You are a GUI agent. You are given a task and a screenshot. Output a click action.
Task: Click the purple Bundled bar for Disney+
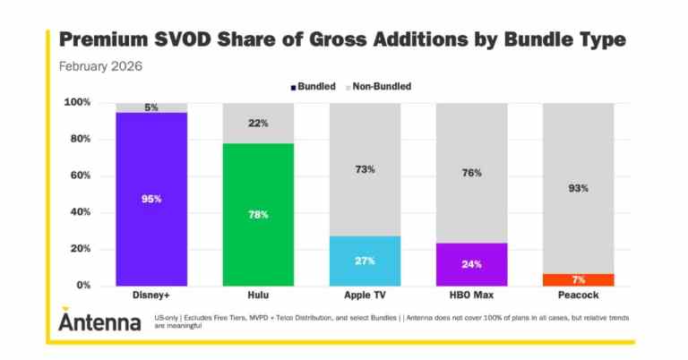tap(150, 199)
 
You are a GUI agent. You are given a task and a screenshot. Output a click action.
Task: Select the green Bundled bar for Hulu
tap(258, 214)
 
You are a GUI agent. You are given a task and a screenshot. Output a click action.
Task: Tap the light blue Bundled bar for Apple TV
tap(365, 261)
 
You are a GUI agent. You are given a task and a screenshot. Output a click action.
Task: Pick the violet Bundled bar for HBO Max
tap(471, 264)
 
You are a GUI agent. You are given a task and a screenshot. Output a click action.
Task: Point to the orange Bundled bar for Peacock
tap(578, 279)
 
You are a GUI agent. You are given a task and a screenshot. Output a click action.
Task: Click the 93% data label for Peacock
tap(578, 187)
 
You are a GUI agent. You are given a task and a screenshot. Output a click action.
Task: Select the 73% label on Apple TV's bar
tap(365, 169)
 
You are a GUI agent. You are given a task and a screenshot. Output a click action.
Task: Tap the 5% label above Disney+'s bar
tap(150, 107)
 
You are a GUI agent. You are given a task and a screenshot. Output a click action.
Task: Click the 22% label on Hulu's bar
tap(258, 123)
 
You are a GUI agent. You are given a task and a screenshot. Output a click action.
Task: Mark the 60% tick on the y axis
tap(79, 176)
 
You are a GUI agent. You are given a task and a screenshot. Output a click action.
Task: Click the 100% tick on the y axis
tap(76, 103)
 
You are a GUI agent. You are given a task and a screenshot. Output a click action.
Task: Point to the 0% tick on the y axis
tap(82, 286)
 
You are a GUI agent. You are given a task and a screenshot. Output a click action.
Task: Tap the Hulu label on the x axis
tap(258, 296)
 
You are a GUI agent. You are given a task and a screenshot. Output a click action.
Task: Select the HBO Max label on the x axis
tap(471, 296)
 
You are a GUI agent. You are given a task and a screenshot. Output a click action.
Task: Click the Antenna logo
tap(99, 319)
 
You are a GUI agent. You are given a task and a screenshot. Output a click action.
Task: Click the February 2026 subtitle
tap(99, 66)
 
